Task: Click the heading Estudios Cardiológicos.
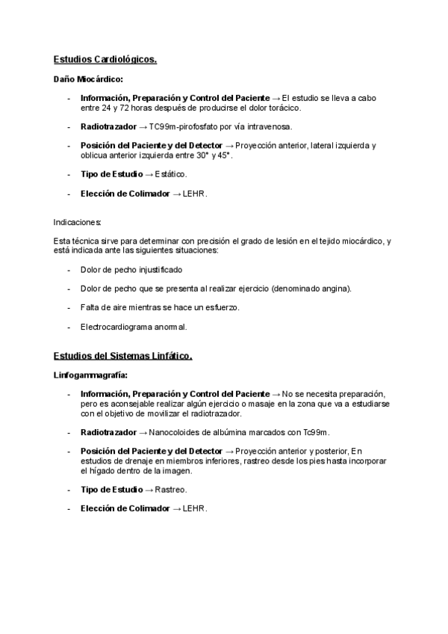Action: click(x=105, y=59)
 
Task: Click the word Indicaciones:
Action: click(x=78, y=222)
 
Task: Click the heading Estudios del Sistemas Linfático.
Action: click(x=123, y=356)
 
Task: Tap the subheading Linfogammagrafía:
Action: click(x=90, y=375)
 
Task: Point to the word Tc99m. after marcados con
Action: click(x=317, y=432)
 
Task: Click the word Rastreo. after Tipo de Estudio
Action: click(x=171, y=490)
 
